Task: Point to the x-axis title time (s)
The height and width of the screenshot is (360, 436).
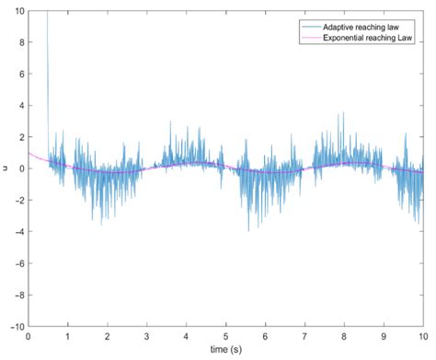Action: [225, 351]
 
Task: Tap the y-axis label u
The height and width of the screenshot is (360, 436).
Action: [6, 168]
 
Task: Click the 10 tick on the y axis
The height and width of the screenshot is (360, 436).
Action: [18, 12]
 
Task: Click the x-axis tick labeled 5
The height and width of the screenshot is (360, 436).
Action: [225, 336]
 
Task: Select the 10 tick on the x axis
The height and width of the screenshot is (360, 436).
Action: [422, 336]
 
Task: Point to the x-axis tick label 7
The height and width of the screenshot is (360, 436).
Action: [304, 336]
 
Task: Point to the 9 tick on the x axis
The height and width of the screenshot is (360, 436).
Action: [384, 336]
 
